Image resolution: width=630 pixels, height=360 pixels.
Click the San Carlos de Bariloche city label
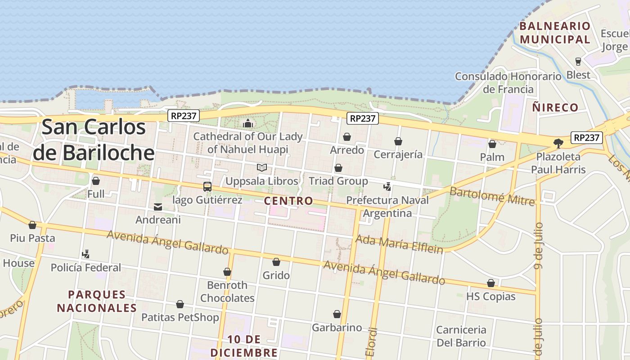point(94,140)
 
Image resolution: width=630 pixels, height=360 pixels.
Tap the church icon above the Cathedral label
point(247,123)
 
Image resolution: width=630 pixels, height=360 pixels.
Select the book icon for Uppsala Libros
point(262,168)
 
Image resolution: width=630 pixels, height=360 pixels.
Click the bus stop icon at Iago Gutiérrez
point(207,186)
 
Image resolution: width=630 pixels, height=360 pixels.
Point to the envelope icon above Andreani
point(158,207)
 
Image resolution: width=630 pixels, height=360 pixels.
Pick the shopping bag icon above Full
point(95,181)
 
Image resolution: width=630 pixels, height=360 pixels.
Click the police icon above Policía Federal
point(85,254)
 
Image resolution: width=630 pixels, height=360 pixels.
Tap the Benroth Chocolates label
point(227,292)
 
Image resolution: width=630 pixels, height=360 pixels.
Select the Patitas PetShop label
point(180,317)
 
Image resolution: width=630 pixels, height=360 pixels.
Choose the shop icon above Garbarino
point(337,314)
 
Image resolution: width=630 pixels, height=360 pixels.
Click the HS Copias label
point(490,297)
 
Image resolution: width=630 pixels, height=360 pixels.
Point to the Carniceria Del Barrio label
point(461,336)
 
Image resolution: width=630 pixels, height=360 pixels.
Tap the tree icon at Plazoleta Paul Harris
point(558,143)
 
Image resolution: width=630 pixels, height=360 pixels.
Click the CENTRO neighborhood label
point(288,201)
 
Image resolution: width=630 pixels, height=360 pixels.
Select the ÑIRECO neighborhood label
point(555,107)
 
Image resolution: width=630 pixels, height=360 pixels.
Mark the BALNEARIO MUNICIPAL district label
point(554,32)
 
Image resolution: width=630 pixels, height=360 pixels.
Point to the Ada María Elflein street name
point(399,244)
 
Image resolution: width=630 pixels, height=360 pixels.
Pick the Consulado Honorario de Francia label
point(508,83)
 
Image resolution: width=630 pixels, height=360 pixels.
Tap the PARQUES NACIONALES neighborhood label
point(97,301)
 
